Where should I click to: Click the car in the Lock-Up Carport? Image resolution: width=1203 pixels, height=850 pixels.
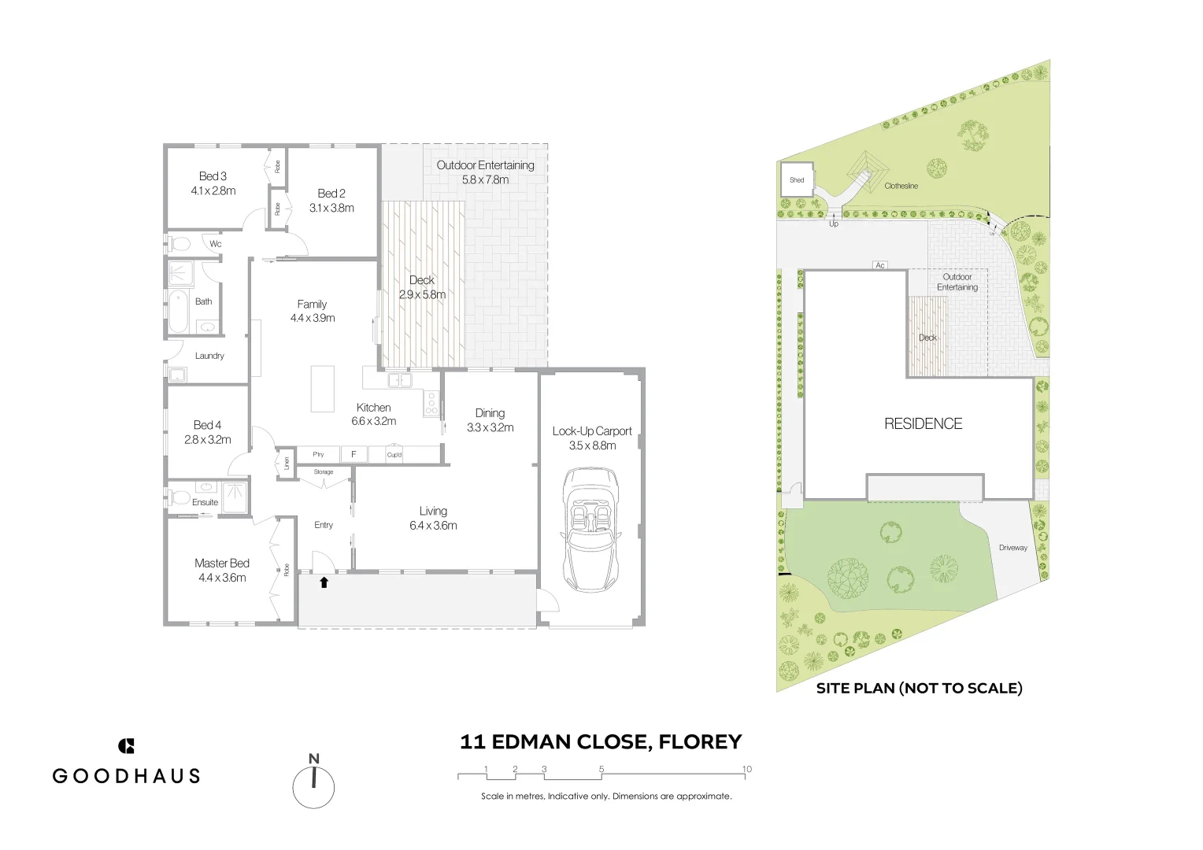(x=590, y=530)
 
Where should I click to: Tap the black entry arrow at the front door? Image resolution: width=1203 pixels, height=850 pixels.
(x=324, y=582)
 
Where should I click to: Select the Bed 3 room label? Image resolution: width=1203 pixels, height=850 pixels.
(x=213, y=176)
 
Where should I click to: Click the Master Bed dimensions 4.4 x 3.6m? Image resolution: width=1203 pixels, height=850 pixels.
(x=222, y=578)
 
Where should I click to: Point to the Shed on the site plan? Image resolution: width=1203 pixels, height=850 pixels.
(x=797, y=180)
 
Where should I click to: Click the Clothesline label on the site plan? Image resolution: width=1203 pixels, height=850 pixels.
(x=901, y=187)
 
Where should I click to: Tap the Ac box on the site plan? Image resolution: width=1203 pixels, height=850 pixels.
(x=880, y=265)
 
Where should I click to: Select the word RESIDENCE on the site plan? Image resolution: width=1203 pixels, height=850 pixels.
(x=923, y=424)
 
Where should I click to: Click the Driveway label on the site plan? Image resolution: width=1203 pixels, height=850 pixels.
(x=1012, y=548)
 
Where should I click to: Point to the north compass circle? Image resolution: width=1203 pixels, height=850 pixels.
(x=313, y=787)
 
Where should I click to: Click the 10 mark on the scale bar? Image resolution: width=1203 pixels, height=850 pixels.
(x=746, y=770)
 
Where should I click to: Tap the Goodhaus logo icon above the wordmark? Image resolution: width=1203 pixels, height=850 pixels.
(x=126, y=746)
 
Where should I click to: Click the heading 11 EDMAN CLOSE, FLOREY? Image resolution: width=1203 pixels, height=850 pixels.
(x=601, y=742)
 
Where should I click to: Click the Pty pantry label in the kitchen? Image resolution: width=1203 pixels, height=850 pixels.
(x=318, y=455)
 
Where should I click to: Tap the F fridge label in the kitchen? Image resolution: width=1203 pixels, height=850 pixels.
(x=353, y=455)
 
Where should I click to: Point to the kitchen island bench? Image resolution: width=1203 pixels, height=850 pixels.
(x=322, y=389)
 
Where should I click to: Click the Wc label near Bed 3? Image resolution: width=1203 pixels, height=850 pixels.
(x=215, y=244)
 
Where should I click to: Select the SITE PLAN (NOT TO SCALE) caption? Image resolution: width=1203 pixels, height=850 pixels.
(x=919, y=689)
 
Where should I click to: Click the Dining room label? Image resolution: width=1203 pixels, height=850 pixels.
(x=490, y=413)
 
